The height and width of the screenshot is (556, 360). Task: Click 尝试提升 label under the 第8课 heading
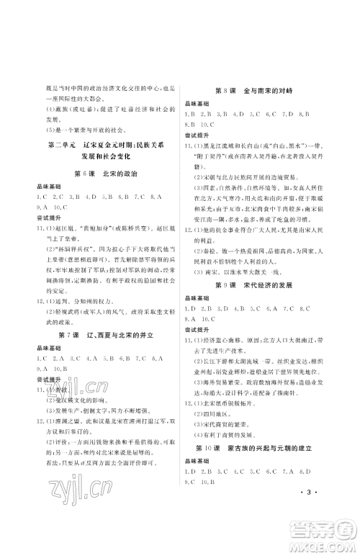(209, 134)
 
